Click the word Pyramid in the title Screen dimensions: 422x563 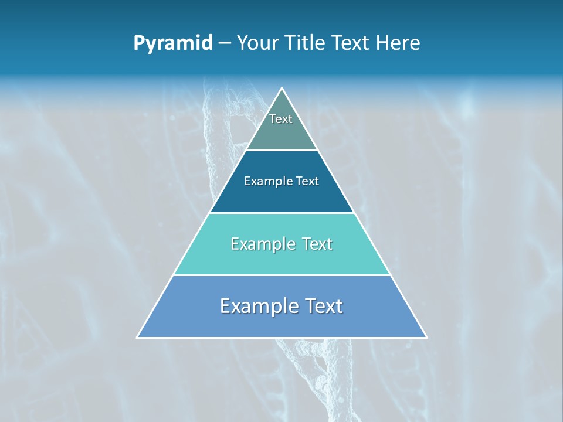(x=172, y=43)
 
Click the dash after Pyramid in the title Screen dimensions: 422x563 (x=224, y=43)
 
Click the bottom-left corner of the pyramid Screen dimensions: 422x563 (x=138, y=337)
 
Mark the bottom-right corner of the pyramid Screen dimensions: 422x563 (x=426, y=337)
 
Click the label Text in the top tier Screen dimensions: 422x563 (x=281, y=119)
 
